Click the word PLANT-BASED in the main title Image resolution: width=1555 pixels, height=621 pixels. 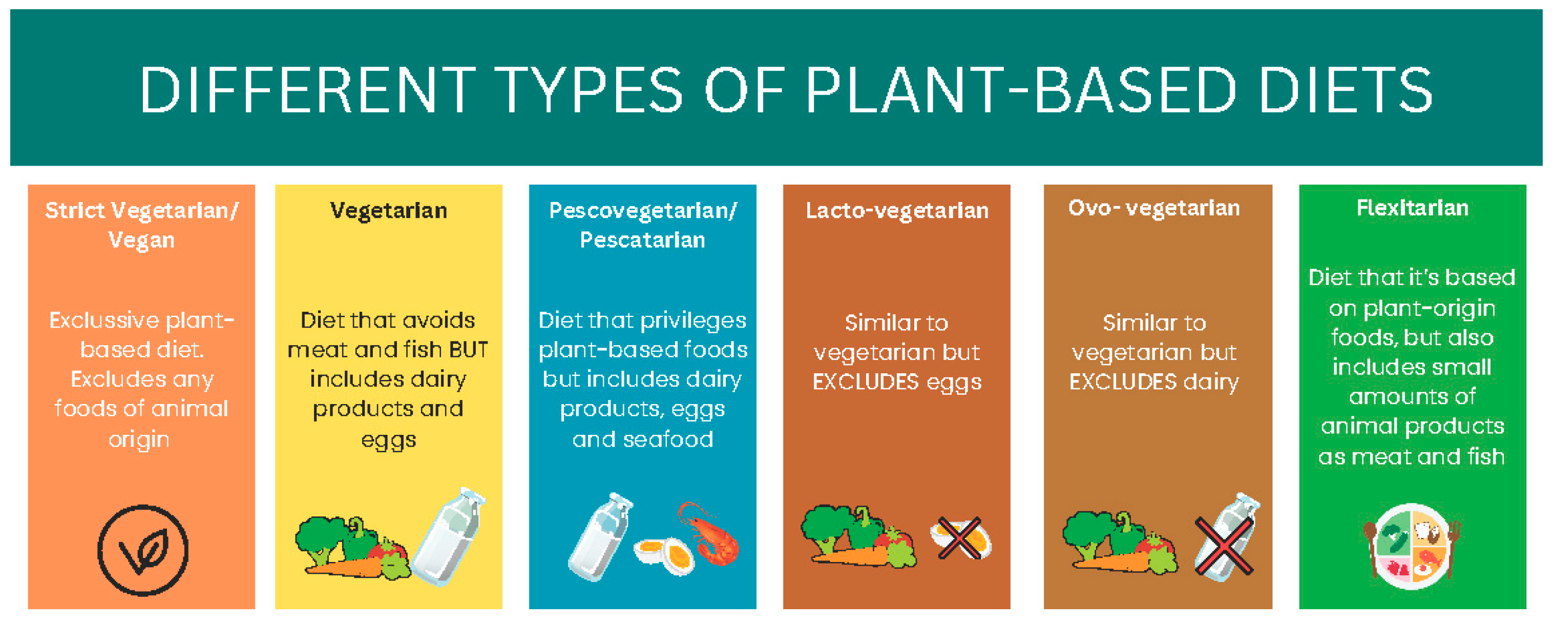(x=1021, y=90)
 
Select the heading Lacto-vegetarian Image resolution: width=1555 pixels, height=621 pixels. (x=897, y=210)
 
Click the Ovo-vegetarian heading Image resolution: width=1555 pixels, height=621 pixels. (x=1153, y=208)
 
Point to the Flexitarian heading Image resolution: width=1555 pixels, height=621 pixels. (x=1413, y=208)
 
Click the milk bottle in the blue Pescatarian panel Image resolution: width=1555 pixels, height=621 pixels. (x=599, y=536)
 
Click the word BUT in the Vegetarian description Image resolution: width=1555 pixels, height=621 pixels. (x=469, y=350)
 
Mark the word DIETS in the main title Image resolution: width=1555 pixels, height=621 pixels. (x=1347, y=90)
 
